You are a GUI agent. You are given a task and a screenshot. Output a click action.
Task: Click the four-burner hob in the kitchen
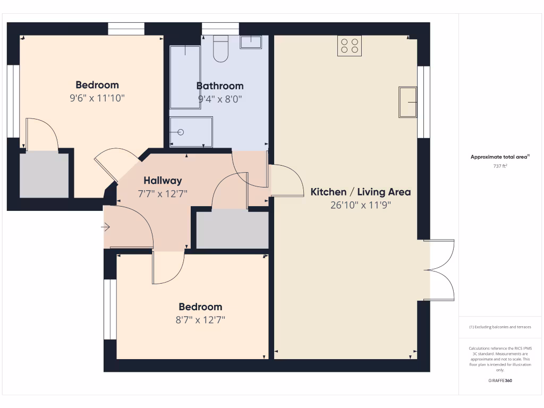tap(349, 46)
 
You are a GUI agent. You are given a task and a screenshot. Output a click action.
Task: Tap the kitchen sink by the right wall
tap(407, 102)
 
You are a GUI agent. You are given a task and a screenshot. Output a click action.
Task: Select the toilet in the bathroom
tap(220, 49)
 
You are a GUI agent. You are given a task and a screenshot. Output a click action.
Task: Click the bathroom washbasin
tap(251, 42)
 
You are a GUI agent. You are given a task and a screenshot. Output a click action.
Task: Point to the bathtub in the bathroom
tap(185, 76)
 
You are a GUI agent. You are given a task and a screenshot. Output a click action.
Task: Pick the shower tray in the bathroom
tap(191, 132)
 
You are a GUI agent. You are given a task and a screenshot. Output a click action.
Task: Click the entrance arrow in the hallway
tap(105, 227)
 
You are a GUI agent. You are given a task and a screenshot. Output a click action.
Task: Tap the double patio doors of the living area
tap(439, 270)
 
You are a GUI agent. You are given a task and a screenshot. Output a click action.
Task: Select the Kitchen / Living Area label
tap(360, 192)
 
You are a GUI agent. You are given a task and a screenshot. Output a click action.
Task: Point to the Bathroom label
tap(220, 86)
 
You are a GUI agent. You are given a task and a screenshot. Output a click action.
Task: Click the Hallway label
tap(163, 181)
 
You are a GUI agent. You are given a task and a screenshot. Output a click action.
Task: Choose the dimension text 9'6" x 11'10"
tap(97, 98)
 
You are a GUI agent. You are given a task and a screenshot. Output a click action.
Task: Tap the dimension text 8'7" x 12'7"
tap(200, 320)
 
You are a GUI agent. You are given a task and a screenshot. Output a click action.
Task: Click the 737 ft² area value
tap(499, 166)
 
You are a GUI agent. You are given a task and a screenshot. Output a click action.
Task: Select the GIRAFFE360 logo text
tap(499, 380)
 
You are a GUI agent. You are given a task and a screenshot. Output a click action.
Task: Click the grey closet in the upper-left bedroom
tap(44, 175)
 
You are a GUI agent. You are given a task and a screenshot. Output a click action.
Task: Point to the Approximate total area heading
tap(499, 157)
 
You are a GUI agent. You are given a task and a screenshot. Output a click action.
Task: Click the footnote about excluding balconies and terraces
tap(499, 327)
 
